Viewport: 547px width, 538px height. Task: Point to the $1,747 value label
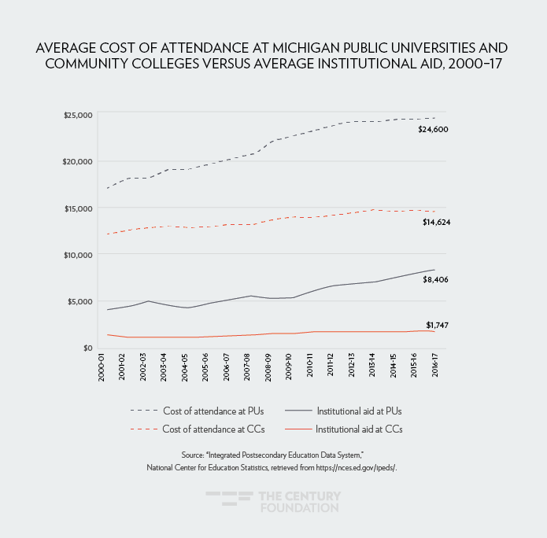(x=438, y=324)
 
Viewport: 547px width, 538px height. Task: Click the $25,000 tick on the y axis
(x=79, y=115)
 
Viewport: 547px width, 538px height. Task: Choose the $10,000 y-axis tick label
(x=79, y=255)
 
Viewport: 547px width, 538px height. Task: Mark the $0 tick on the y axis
(x=87, y=348)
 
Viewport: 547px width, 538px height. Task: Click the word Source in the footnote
(x=192, y=455)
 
